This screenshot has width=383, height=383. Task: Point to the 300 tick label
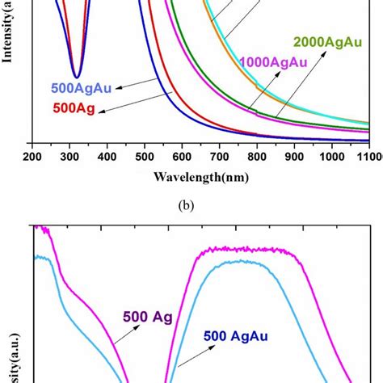tap(70, 156)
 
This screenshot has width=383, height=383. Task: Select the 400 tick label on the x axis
tap(107, 156)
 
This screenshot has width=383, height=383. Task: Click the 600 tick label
tap(183, 156)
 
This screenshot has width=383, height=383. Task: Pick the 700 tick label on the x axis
tap(220, 156)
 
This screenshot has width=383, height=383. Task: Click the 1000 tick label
tap(331, 156)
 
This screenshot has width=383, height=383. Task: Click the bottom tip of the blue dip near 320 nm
tap(76, 77)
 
